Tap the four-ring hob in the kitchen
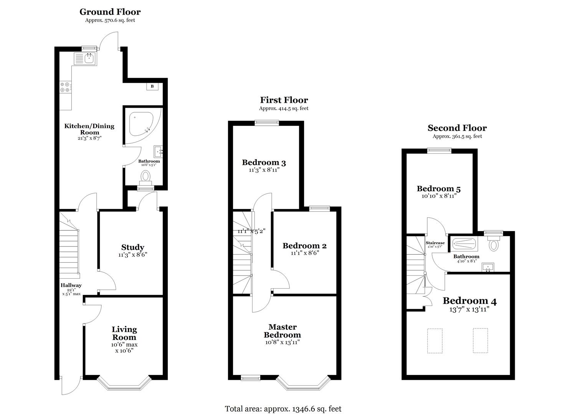tap(65, 87)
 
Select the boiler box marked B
tap(152, 86)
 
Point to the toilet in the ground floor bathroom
tap(145, 177)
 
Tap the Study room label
tap(132, 247)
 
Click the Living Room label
tap(124, 333)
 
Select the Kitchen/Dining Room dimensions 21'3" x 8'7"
tap(89, 138)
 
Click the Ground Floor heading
tap(110, 12)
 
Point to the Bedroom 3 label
tap(264, 163)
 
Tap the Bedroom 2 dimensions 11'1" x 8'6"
tap(305, 253)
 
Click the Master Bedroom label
tap(282, 331)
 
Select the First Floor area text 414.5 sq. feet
tap(284, 108)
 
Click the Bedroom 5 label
tap(439, 189)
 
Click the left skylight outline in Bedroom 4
tap(435, 340)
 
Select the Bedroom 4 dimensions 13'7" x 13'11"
tap(469, 309)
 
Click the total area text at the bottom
tap(283, 409)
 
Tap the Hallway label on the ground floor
tap(71, 285)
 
